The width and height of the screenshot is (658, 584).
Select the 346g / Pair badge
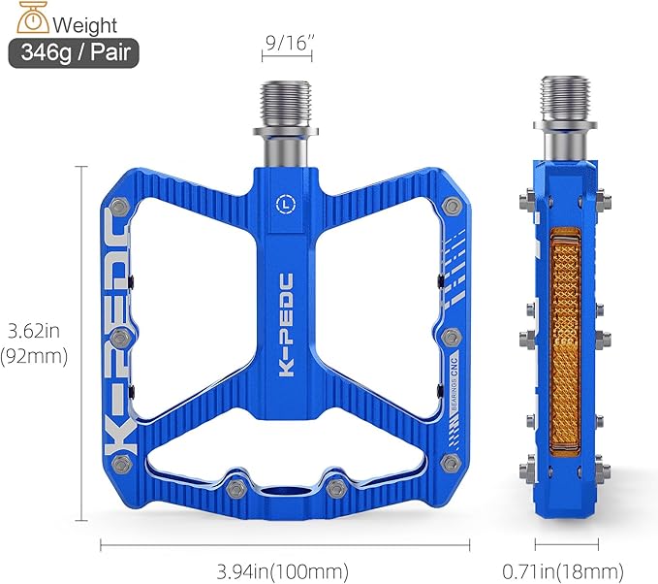tap(74, 52)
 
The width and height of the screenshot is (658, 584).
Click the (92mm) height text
tap(34, 356)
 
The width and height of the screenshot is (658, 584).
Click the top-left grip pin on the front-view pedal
tap(118, 206)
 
